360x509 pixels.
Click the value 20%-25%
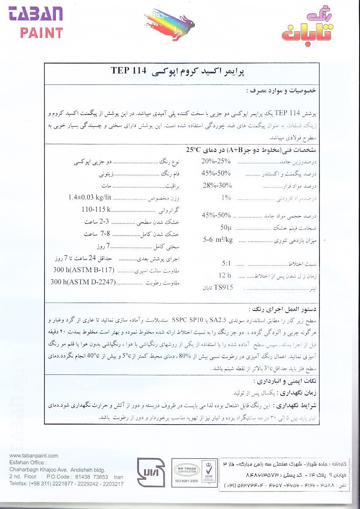[x=216, y=162]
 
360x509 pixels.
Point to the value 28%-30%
[x=217, y=185]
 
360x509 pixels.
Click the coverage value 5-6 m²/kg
[x=218, y=239]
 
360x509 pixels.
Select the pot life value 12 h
[x=225, y=276]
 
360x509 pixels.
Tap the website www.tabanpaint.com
[x=34, y=456]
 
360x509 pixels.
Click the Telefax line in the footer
[x=66, y=484]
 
